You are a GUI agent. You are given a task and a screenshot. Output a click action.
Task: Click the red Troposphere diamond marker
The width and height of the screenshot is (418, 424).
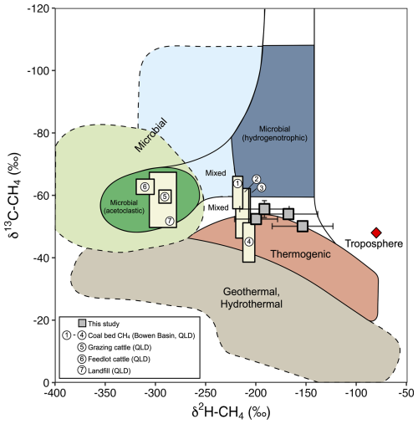[x=376, y=232]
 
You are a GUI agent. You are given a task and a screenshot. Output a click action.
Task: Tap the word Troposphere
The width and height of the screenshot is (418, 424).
[x=374, y=243]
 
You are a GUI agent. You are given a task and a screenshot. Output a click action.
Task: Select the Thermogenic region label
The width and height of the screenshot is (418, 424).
[x=300, y=254]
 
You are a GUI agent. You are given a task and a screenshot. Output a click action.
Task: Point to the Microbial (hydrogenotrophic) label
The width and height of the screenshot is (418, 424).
[x=275, y=133]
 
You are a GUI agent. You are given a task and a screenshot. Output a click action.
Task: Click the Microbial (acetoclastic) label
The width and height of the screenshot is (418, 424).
[x=124, y=207]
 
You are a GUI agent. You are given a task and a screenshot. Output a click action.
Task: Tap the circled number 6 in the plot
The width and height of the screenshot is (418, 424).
[x=145, y=186]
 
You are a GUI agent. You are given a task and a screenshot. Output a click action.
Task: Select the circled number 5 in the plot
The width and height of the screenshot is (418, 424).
[x=165, y=197]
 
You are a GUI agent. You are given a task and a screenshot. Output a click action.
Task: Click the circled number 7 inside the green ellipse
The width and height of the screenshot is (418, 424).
[x=170, y=221]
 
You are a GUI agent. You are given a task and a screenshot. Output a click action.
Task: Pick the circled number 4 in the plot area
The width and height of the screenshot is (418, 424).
[x=249, y=242]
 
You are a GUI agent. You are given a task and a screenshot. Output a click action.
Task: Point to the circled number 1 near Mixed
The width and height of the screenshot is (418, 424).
[x=237, y=183]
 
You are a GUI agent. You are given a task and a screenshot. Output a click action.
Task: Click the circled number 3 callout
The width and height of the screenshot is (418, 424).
[x=262, y=187]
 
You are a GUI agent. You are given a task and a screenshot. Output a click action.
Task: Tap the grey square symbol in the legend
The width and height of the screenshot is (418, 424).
[x=82, y=323]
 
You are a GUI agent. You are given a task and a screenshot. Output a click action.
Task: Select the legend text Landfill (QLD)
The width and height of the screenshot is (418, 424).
[x=110, y=370]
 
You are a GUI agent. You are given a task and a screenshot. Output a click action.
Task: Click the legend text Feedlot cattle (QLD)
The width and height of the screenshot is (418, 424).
[x=119, y=359]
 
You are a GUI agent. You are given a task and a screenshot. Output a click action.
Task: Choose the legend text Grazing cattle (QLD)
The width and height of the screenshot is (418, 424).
[x=120, y=347]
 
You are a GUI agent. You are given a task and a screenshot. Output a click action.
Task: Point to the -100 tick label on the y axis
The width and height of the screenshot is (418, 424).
[x=38, y=70]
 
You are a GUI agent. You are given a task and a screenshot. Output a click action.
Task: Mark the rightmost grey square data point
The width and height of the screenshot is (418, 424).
[x=303, y=226]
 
